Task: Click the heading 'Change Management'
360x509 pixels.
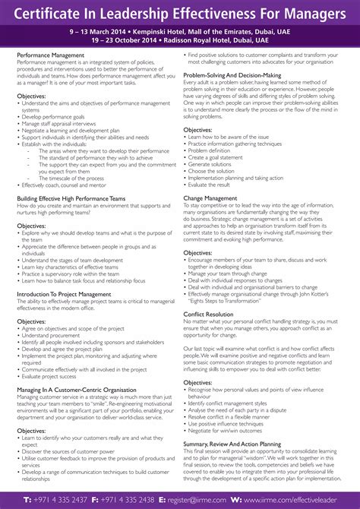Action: pos(210,198)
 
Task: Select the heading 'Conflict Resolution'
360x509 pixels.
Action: pos(209,314)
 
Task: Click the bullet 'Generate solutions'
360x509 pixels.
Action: pos(215,164)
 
